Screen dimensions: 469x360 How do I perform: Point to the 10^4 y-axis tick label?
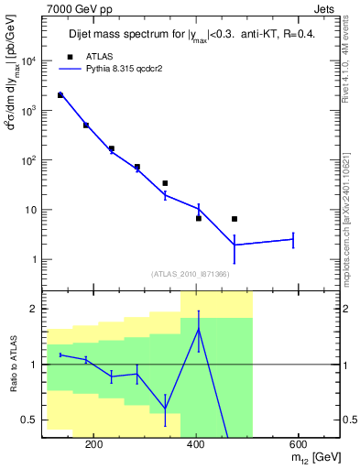point(30,61)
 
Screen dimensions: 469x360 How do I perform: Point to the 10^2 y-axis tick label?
point(30,160)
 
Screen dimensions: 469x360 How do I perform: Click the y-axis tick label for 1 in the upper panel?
point(36,259)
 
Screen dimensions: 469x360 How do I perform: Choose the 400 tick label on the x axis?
point(195,444)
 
